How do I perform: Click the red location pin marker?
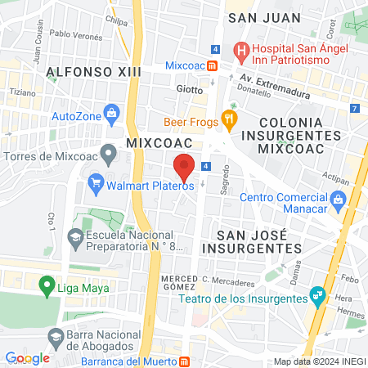[x=184, y=167]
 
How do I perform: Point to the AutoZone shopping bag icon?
[x=110, y=116]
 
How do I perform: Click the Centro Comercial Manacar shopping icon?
[x=338, y=199]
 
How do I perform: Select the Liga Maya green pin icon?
[x=47, y=287]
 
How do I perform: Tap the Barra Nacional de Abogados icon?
[x=56, y=336]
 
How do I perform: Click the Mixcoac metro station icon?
[x=212, y=65]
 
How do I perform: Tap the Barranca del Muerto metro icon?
[x=186, y=361]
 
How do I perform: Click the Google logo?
[x=28, y=358]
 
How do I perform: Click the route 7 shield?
[x=353, y=108]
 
